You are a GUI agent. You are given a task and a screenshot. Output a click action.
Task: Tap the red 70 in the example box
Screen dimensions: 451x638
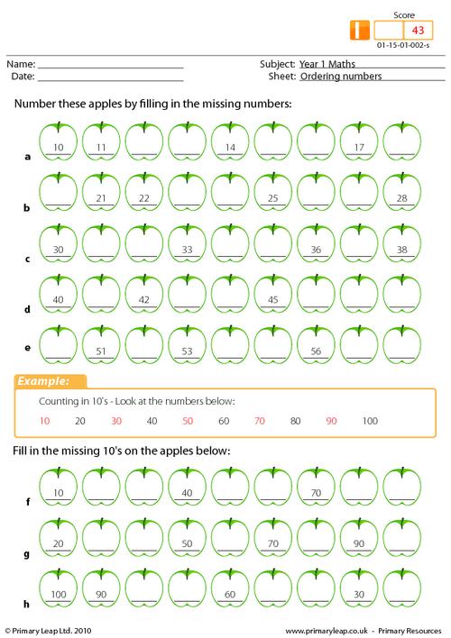260,421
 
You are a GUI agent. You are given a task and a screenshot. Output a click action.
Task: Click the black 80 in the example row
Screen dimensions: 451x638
295,421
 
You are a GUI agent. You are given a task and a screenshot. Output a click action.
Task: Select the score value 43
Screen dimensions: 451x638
418,30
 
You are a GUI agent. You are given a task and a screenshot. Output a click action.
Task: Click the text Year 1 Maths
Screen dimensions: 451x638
330,65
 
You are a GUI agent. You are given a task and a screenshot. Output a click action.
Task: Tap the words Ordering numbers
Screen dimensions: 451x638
341,77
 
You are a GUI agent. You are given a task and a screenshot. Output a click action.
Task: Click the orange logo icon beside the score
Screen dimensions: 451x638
360,30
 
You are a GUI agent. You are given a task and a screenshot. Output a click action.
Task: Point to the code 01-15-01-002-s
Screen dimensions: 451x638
402,44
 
